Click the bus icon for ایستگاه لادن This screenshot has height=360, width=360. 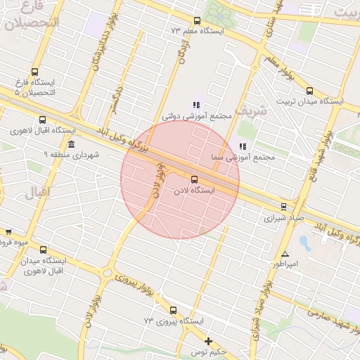click(x=194, y=179)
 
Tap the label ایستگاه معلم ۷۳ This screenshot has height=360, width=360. click(x=198, y=31)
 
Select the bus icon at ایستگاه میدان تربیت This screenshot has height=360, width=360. click(x=310, y=90)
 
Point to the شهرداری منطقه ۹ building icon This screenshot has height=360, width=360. click(x=71, y=144)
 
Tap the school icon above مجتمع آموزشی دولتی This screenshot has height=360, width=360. click(x=196, y=105)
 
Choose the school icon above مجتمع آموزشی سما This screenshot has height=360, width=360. click(x=243, y=146)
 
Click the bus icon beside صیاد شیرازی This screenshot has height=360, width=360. click(x=283, y=207)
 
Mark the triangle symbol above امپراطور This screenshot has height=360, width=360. click(x=285, y=254)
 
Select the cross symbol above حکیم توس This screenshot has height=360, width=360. click(x=208, y=341)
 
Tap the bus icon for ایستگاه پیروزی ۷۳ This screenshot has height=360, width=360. click(x=173, y=310)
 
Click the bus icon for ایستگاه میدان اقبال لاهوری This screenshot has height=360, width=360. click(x=44, y=250)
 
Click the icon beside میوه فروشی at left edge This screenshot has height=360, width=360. click(x=8, y=232)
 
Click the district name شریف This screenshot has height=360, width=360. click(x=250, y=110)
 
